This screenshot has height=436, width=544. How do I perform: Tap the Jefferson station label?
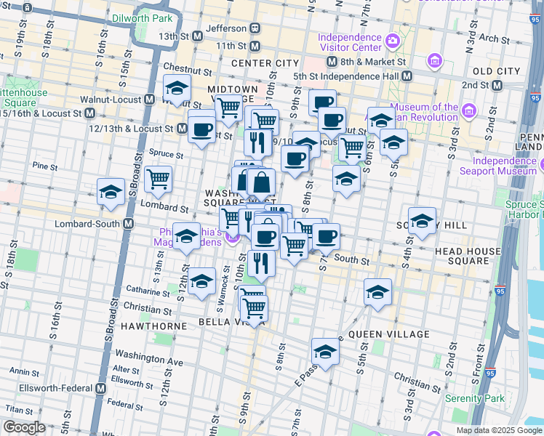coord(226,28)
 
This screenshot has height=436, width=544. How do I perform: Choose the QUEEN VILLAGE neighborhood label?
coord(389,334)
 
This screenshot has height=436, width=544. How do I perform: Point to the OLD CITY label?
coord(497,71)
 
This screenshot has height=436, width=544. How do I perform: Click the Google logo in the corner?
coord(24,427)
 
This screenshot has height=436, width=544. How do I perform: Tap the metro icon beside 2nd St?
coord(497,85)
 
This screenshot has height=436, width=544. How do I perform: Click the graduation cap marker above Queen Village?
coord(377,292)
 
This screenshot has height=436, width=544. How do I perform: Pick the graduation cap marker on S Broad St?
coord(111,192)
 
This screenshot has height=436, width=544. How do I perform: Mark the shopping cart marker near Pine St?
coord(158,179)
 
